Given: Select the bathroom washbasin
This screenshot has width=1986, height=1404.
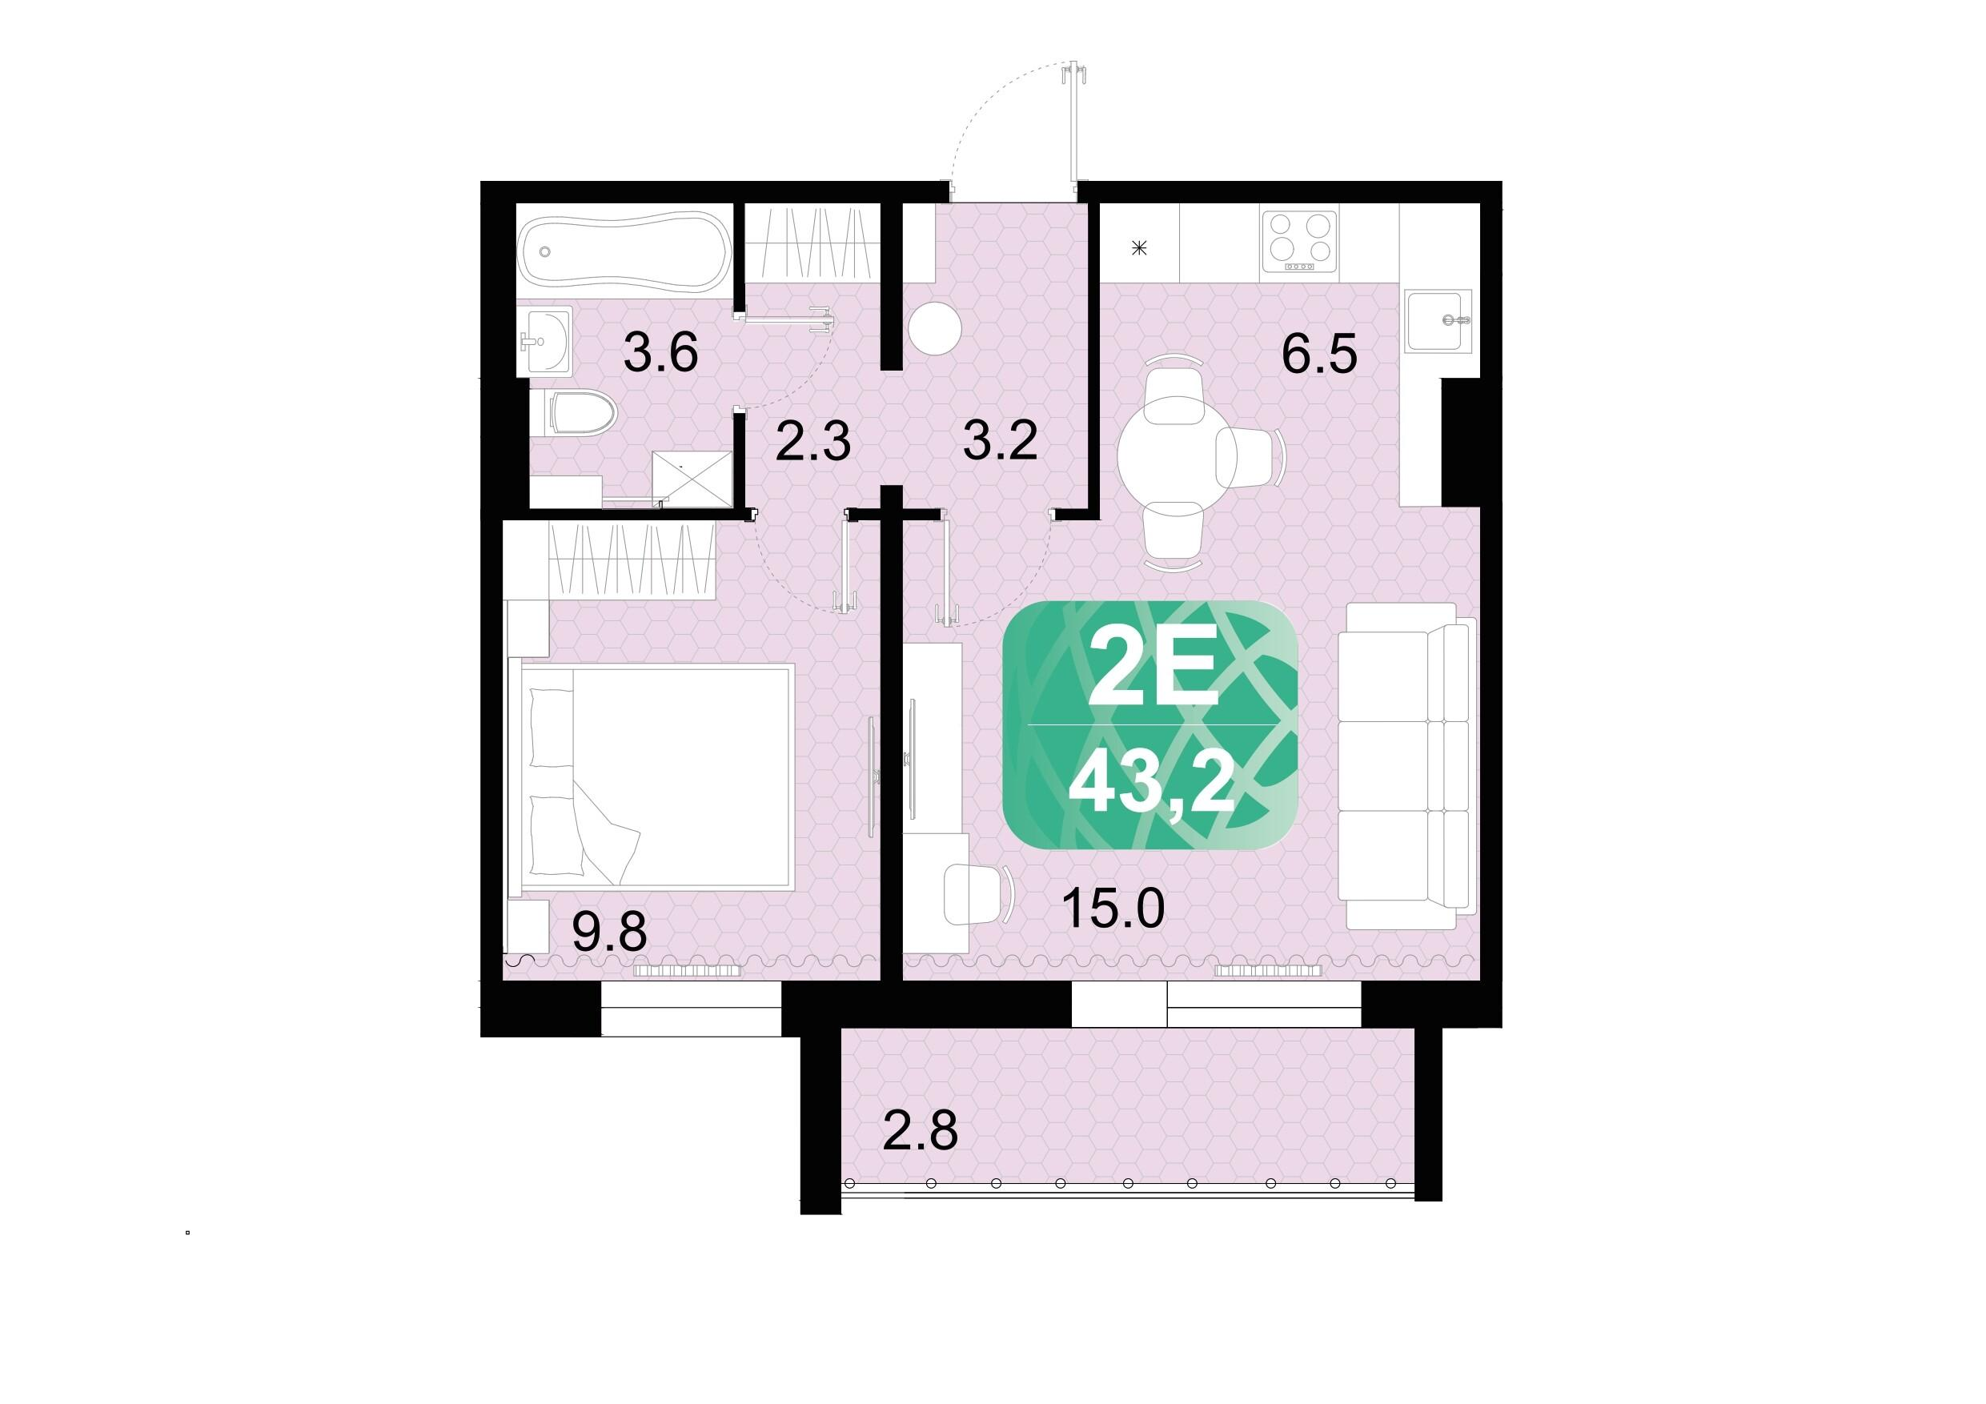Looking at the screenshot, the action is [x=545, y=341].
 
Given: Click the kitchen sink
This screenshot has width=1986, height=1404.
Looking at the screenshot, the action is [x=1438, y=320].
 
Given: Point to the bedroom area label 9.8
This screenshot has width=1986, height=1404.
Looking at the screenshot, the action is [x=610, y=933].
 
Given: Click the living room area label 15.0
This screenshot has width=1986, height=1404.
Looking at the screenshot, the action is [x=1113, y=909].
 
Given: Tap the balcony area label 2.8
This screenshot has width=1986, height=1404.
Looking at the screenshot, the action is [x=921, y=1130].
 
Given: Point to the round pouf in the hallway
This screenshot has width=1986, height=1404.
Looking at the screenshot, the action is [x=935, y=329].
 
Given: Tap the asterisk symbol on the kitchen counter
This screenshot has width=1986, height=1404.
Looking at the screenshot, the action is [x=1139, y=249].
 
